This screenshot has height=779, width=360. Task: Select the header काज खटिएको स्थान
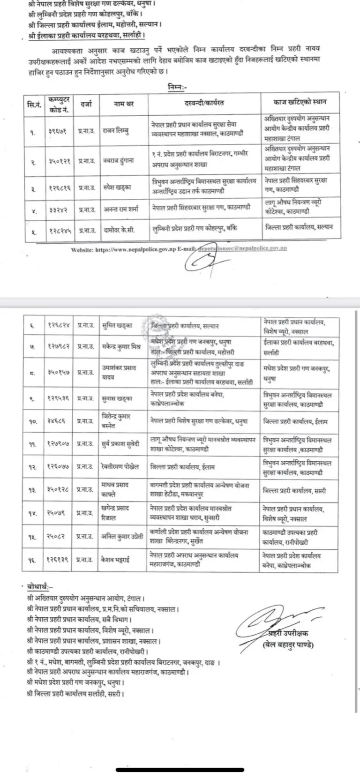click(300, 102)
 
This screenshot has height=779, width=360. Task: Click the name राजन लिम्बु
click(117, 131)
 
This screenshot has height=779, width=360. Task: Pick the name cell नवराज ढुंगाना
click(118, 160)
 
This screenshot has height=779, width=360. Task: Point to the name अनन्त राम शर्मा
click(121, 209)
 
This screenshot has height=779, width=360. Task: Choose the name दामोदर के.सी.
click(120, 231)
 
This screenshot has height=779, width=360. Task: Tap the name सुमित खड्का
click(117, 325)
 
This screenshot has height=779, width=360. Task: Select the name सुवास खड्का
click(117, 398)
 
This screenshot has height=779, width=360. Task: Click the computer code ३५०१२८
click(59, 489)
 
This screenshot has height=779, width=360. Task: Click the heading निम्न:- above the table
click(177, 86)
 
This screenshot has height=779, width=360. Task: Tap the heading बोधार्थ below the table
click(41, 586)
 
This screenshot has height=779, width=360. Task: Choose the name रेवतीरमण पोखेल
click(120, 467)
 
